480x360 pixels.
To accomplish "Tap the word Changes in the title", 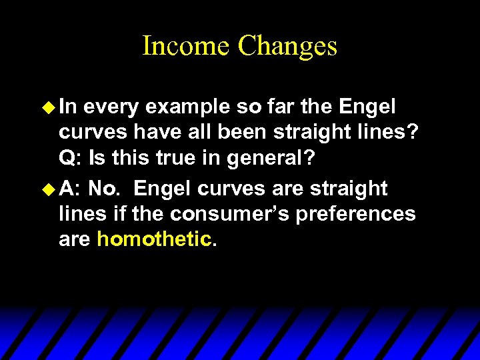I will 287,46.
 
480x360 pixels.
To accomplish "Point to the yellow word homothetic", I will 153,239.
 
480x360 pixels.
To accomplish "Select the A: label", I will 71,189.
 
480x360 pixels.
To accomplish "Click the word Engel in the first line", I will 367,106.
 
